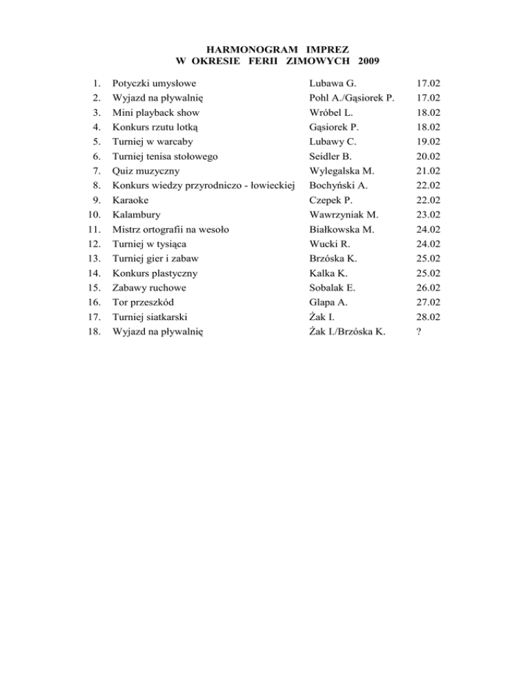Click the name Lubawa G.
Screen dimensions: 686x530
tap(332, 83)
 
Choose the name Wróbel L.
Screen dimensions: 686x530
tap(331, 112)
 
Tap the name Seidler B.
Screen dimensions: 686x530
tap(331, 156)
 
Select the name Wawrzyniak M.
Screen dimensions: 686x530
tap(344, 214)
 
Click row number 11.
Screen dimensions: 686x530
tap(97, 229)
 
